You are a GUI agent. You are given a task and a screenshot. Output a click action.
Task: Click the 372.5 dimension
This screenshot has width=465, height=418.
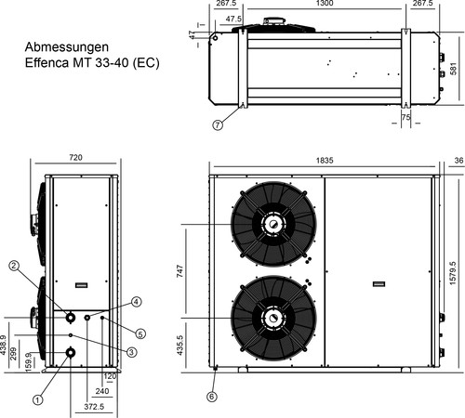click(x=93, y=407)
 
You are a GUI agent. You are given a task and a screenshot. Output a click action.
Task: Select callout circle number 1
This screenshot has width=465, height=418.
click(x=38, y=399)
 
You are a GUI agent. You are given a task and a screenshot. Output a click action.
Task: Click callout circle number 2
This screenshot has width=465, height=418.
click(x=14, y=266)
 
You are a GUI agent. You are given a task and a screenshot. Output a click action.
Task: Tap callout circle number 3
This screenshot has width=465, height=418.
click(x=131, y=352)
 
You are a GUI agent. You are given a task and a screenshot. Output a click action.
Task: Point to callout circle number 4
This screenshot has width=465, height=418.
click(x=136, y=302)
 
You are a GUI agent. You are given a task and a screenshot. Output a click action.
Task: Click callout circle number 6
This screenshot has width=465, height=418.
click(x=211, y=397)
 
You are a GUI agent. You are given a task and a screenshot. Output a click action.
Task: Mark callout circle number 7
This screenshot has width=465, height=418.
click(x=219, y=124)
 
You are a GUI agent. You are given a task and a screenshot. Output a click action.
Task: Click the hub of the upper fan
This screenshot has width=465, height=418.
click(x=272, y=224)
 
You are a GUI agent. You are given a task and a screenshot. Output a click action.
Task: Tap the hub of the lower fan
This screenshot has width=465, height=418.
click(x=272, y=318)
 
